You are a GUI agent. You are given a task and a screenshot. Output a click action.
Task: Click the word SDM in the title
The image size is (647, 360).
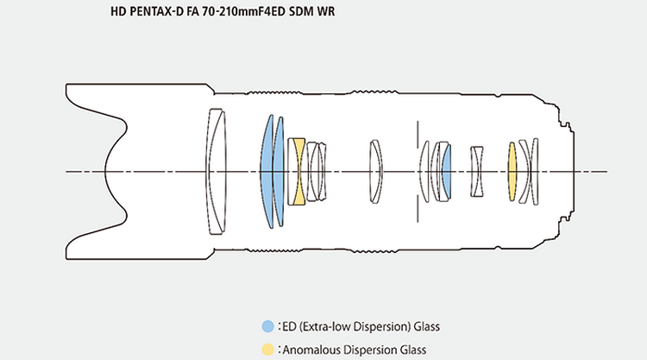301,11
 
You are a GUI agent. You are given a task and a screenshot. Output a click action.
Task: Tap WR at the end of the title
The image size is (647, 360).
326,11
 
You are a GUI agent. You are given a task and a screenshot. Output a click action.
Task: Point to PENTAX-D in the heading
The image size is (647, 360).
156,11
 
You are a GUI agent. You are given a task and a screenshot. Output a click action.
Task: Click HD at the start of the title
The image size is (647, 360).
118,11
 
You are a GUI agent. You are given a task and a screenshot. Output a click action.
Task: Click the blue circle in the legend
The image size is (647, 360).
267,326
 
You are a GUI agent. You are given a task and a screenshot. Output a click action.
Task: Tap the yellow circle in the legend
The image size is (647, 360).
267,350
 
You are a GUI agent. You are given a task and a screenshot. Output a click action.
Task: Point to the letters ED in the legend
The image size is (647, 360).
289,326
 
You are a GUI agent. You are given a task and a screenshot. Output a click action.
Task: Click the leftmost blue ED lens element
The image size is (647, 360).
267,171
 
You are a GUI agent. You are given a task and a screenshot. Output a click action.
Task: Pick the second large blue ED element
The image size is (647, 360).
279,171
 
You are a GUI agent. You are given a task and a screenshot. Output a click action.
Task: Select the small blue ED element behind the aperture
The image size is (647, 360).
447,171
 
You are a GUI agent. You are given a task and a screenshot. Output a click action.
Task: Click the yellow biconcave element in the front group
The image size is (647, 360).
296,171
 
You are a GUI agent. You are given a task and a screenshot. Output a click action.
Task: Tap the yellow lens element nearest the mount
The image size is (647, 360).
512,171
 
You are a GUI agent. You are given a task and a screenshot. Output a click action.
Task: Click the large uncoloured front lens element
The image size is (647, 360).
217,171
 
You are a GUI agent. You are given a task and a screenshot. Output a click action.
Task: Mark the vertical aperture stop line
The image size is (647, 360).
418,171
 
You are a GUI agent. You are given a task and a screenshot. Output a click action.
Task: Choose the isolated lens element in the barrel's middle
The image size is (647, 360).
375,171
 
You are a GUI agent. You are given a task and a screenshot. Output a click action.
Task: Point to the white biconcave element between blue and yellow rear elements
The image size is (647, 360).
477,171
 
